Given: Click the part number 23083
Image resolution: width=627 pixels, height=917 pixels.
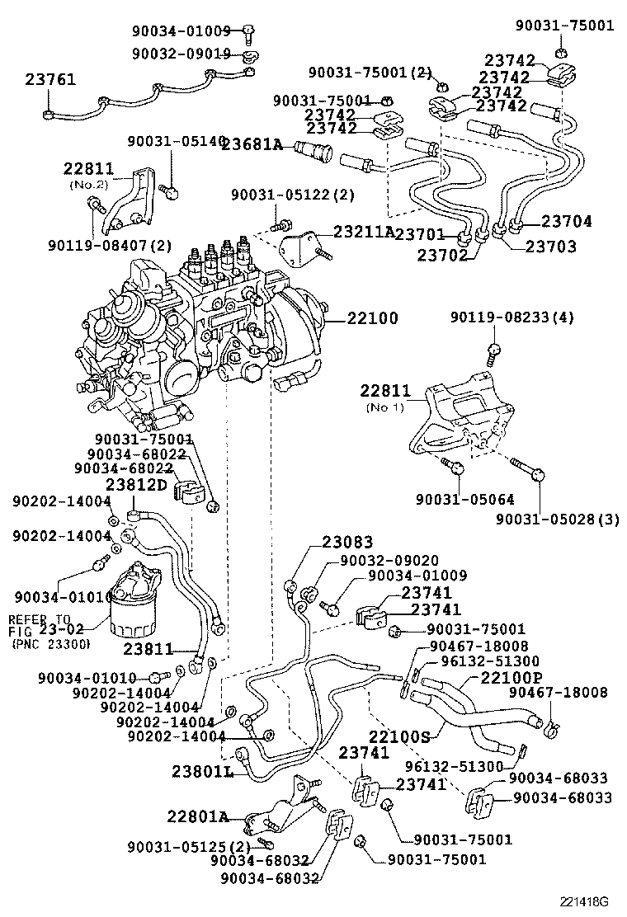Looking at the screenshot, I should [347, 542].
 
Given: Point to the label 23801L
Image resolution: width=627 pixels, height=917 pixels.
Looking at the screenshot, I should [202, 772].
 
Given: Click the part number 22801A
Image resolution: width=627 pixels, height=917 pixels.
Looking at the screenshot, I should [197, 816].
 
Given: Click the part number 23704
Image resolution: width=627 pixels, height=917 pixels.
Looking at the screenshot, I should [567, 221].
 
